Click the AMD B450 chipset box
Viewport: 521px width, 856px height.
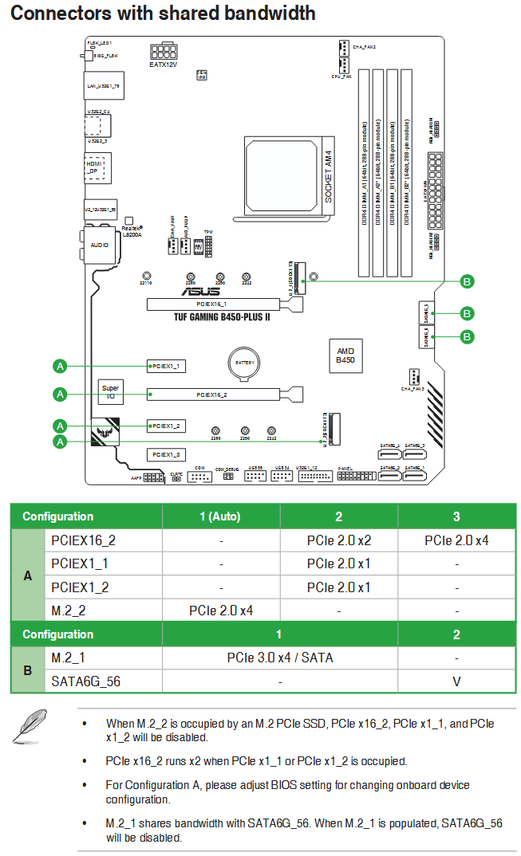click(345, 355)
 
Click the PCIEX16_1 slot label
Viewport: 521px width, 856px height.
click(212, 304)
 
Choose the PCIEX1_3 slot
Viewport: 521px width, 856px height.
click(166, 454)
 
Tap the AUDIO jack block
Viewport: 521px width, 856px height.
click(100, 245)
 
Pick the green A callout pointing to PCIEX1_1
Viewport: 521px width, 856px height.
click(59, 366)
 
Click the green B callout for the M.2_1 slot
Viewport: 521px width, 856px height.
click(468, 281)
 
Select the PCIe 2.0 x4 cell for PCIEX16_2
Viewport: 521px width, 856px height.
click(456, 540)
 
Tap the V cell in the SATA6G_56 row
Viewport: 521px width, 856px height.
click(456, 682)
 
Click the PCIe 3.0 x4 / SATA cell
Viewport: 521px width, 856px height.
click(279, 658)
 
